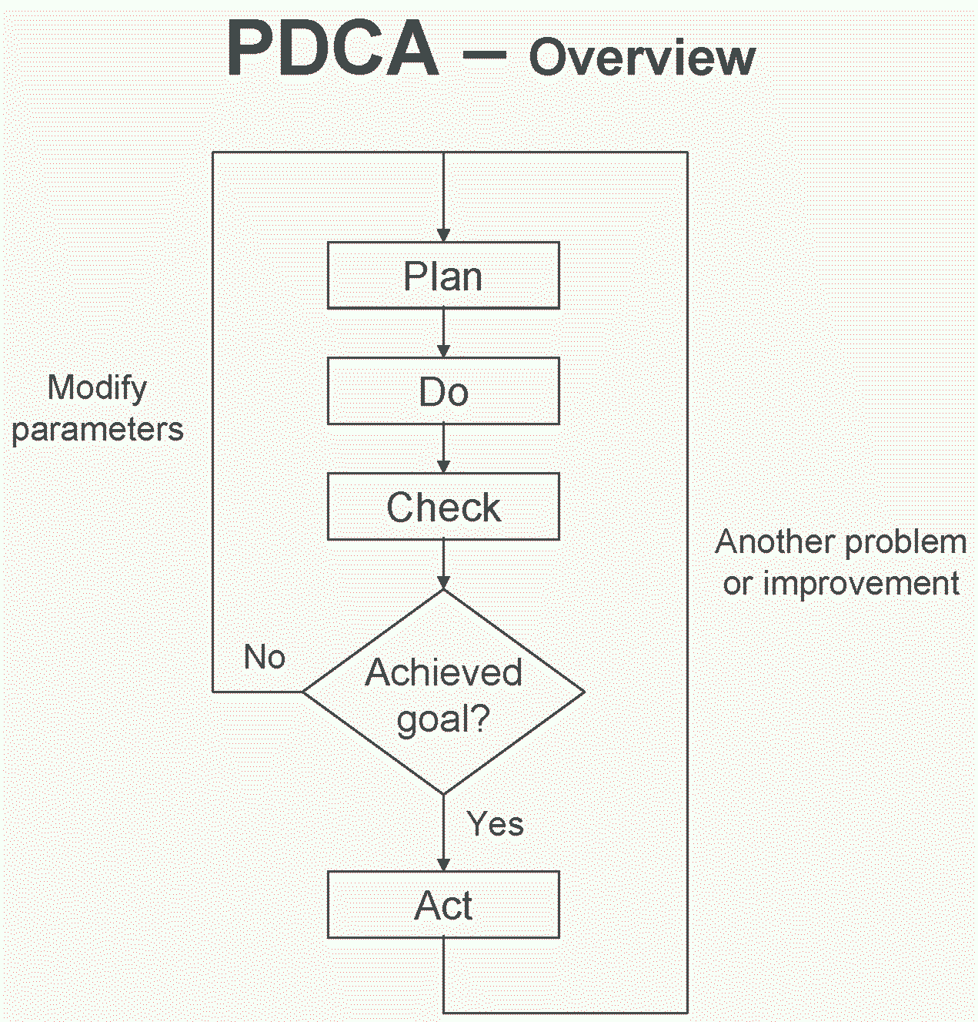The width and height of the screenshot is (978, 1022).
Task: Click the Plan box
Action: (x=443, y=276)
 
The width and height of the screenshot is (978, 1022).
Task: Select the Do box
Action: (x=443, y=391)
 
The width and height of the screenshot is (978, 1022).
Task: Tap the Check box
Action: (x=443, y=507)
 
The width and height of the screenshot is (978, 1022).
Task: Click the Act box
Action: (x=443, y=905)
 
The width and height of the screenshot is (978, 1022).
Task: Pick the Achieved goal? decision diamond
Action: (x=443, y=692)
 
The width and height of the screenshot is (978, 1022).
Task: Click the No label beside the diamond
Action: (x=264, y=657)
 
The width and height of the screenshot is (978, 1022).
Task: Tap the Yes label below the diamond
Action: (x=495, y=824)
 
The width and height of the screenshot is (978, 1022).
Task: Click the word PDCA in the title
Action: (x=333, y=50)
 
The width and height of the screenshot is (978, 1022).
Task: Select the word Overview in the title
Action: (x=642, y=58)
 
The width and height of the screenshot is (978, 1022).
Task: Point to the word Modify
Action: (x=97, y=387)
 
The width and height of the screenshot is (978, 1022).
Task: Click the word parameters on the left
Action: (x=97, y=430)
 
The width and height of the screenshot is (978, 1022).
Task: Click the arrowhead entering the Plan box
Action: (x=443, y=235)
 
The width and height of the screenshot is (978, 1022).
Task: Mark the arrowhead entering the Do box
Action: (x=443, y=350)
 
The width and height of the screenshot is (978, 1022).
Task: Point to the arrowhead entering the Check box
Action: (x=443, y=466)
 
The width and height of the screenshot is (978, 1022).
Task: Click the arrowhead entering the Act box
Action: (x=443, y=864)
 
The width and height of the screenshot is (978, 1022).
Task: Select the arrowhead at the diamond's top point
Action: (x=443, y=582)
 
